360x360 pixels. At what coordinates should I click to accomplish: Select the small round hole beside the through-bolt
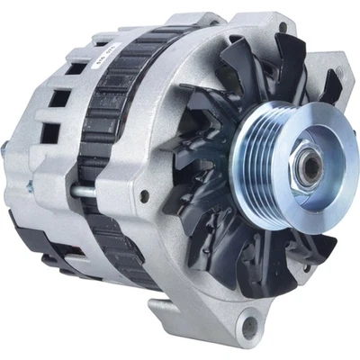point(144,195)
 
